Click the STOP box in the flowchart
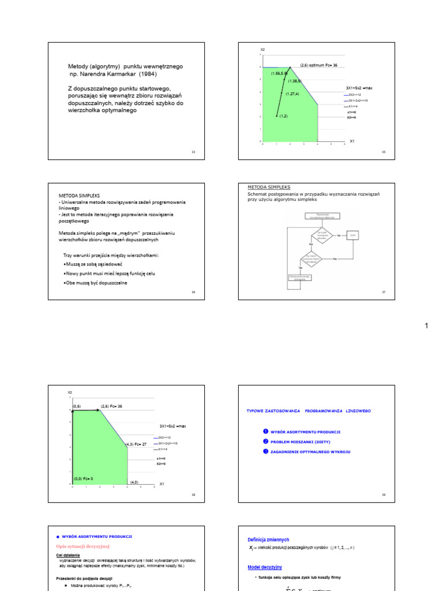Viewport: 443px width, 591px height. tap(354, 235)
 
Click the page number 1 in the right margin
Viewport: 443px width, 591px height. tap(426, 326)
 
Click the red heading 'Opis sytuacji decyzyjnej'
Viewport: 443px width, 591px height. tap(82, 545)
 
